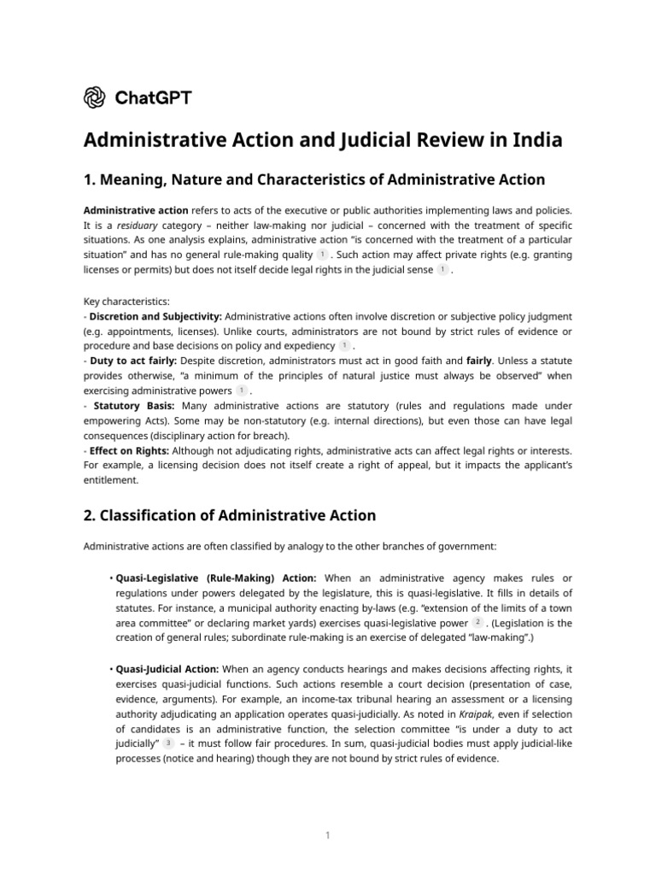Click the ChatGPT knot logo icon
[95, 97]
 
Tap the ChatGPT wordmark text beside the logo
[153, 97]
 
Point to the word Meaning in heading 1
[136, 179]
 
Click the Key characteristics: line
[126, 302]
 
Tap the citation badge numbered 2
[477, 622]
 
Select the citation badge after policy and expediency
[344, 345]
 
